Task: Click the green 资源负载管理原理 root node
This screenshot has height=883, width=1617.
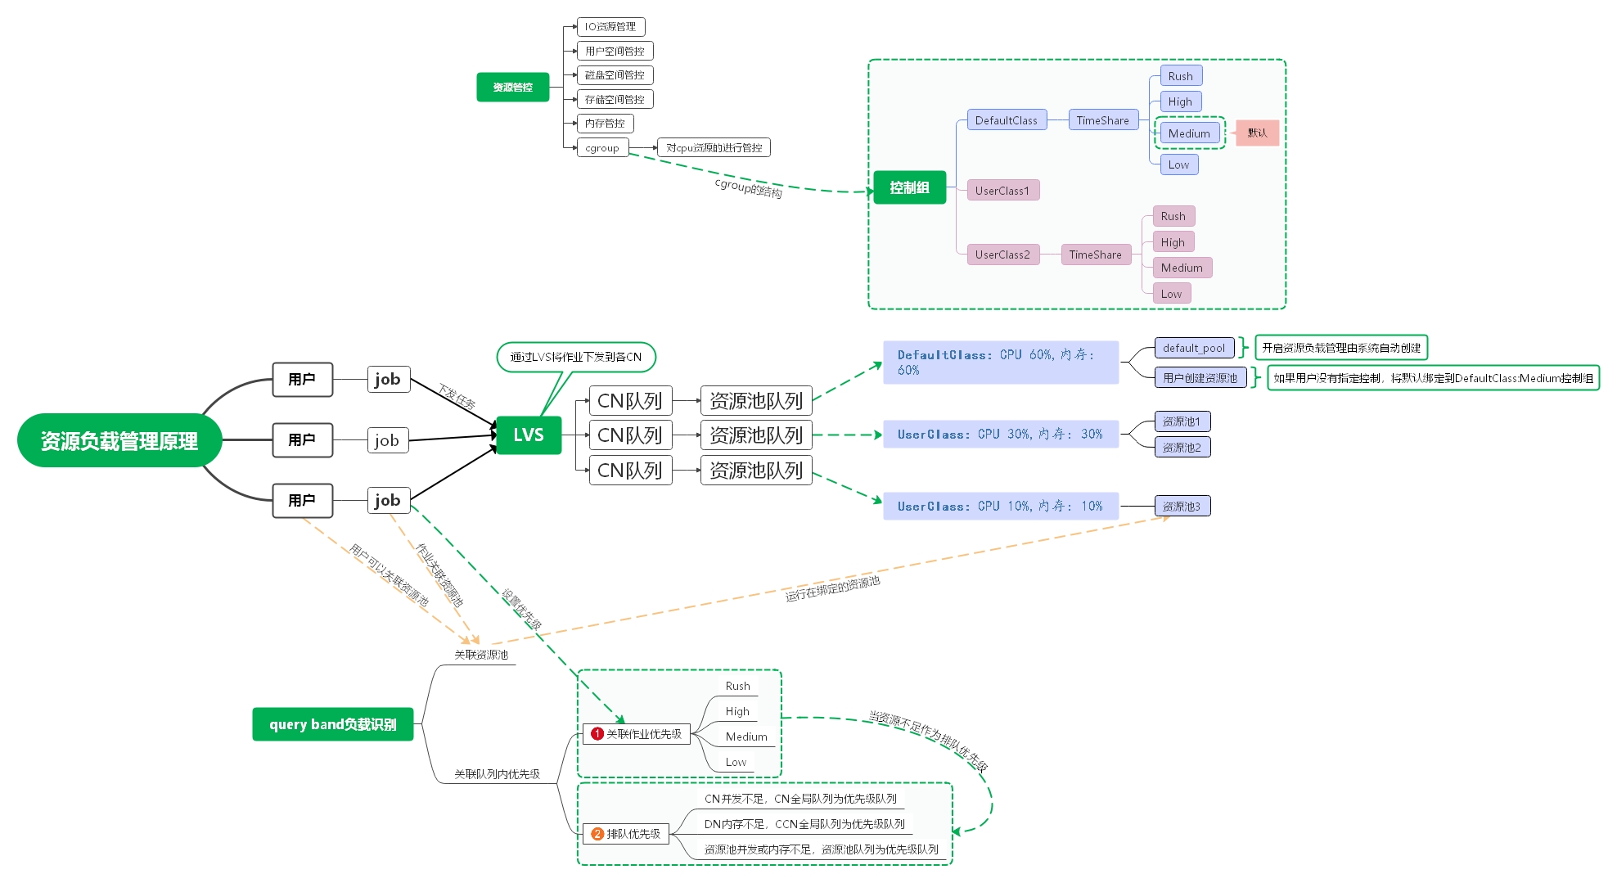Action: [119, 441]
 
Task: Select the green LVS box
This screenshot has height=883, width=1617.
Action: [529, 435]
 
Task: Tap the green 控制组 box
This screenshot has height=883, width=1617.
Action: [909, 187]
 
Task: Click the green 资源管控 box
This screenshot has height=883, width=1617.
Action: [512, 87]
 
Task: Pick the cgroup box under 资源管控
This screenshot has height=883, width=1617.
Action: [602, 148]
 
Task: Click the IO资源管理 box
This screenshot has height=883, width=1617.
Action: [610, 27]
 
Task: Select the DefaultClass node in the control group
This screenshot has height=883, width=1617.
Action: [1006, 120]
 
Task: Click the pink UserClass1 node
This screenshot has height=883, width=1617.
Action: [1002, 191]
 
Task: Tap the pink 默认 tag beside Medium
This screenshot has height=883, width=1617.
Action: [1257, 133]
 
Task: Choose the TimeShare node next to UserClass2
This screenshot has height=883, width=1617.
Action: [1095, 255]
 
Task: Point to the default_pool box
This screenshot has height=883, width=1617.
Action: [1194, 348]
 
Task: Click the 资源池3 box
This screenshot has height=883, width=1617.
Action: [1182, 507]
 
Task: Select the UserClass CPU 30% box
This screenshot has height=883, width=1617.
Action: [1000, 435]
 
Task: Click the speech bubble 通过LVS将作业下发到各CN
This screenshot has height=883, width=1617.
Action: [576, 357]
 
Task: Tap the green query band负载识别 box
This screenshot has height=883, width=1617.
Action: [332, 724]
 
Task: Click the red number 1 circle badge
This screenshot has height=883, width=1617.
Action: [597, 734]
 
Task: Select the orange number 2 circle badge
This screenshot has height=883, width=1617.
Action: [597, 834]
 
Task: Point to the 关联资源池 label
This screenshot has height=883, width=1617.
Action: [481, 655]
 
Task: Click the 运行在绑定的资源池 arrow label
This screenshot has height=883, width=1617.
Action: [832, 588]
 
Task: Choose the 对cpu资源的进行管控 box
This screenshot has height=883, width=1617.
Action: [714, 148]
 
